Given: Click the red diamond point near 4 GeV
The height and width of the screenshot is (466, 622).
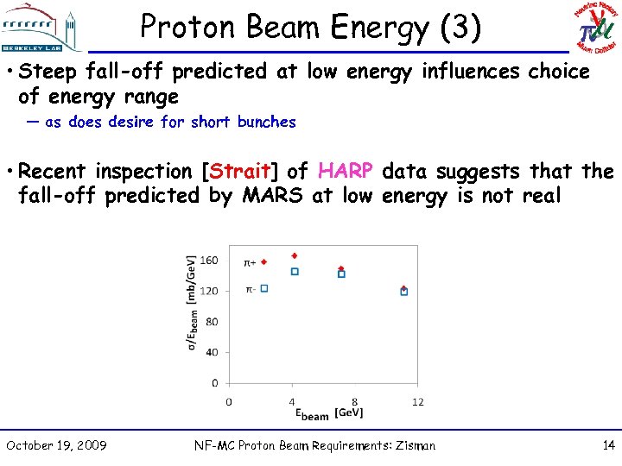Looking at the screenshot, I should pos(295,255).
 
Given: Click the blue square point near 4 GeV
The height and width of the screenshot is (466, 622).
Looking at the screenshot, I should pos(295,271).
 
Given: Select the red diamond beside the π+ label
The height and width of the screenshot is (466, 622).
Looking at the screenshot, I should pos(264,261).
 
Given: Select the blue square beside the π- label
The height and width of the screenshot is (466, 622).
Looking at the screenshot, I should pos(264,288).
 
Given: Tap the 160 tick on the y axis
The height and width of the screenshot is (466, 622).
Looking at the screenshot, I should pos(210,260).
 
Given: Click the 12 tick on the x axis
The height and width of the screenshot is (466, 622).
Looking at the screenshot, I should pos(418,401).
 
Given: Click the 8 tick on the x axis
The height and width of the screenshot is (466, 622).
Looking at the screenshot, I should pos(355,401).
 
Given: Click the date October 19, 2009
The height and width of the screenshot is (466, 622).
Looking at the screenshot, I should pos(56,445).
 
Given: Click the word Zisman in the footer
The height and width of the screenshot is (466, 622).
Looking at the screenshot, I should pos(412,445).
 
